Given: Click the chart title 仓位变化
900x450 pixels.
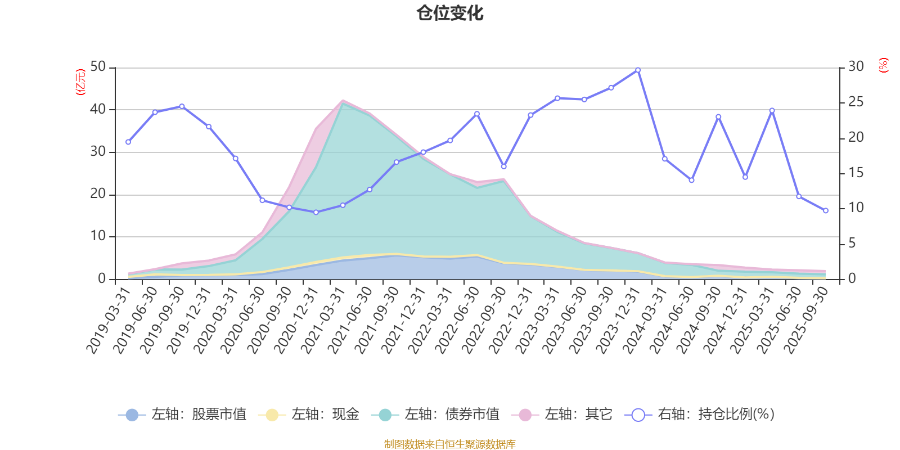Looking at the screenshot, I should (450, 13).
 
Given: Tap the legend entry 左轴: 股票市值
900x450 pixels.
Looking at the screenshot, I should (182, 415).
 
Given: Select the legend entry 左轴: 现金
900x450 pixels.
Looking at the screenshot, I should (309, 415).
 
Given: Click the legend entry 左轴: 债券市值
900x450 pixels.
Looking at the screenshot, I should (435, 415).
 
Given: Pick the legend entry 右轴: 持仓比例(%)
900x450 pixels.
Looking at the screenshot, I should (700, 415).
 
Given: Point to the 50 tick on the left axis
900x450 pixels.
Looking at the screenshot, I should (98, 67).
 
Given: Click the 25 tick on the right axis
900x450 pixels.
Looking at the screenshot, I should (856, 102).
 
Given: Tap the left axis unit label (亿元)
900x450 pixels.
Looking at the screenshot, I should (80, 82).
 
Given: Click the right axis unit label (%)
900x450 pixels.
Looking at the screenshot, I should (884, 65).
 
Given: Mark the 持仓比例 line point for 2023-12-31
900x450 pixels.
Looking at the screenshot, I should (638, 70).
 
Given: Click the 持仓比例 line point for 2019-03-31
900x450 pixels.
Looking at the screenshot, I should (128, 142).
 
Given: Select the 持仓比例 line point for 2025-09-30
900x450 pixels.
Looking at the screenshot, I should (826, 211).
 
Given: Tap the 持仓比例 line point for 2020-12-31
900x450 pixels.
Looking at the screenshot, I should (316, 213).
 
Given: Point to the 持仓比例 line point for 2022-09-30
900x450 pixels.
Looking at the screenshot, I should (504, 167).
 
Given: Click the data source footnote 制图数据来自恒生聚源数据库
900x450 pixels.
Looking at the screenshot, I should (450, 444).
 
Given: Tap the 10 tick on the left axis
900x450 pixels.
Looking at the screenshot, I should (98, 236).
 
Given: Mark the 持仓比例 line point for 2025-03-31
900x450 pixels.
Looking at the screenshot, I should (772, 111).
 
